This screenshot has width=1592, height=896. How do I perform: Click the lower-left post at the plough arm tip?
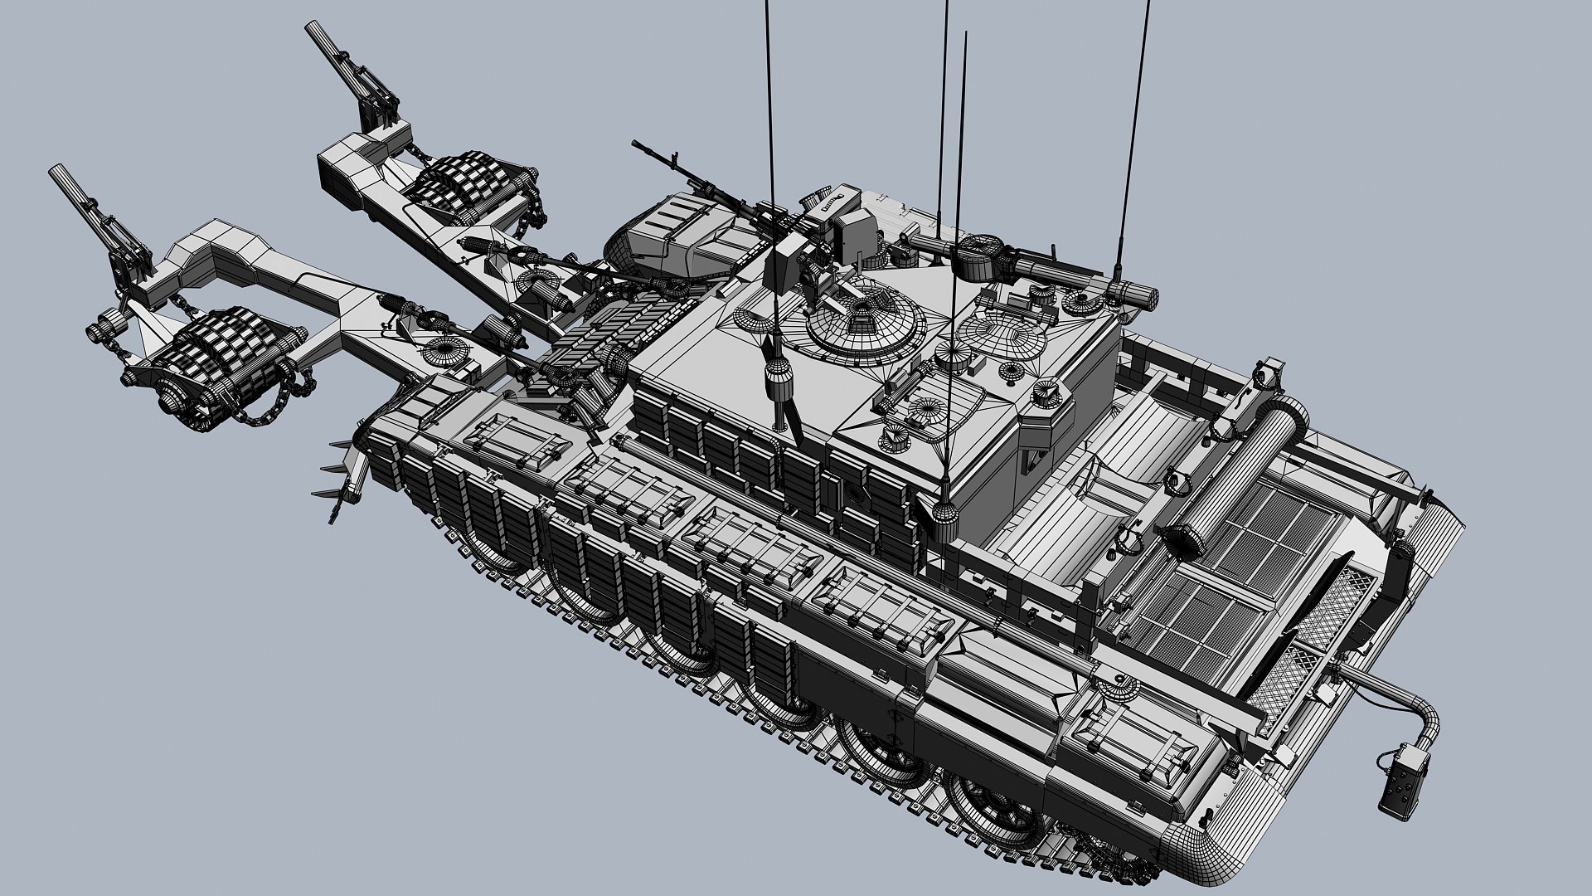click(x=66, y=181)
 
